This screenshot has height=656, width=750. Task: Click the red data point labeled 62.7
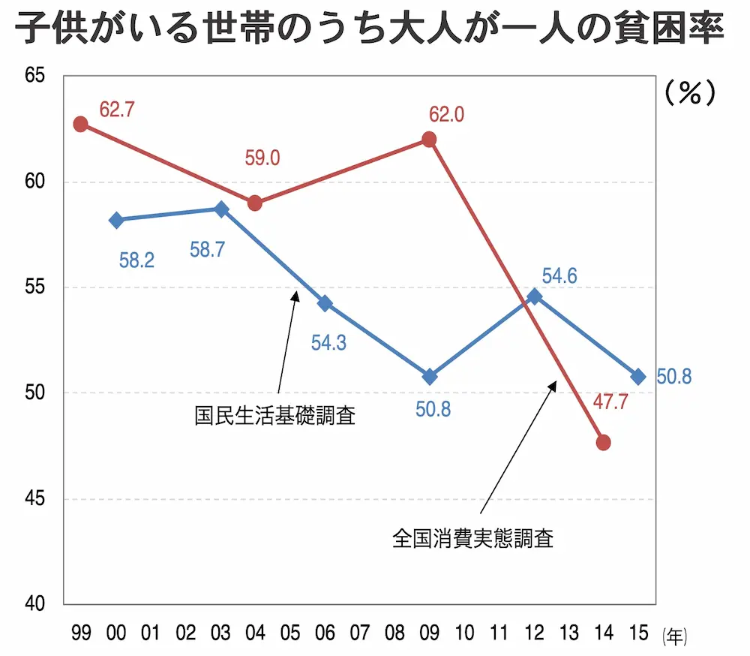point(80,124)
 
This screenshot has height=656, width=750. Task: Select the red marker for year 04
point(255,203)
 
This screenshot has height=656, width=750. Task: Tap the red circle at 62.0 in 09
point(429,140)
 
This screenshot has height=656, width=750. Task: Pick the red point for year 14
point(603,442)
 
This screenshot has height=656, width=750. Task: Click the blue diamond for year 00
point(116,220)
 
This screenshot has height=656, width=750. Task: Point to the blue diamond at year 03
point(221,209)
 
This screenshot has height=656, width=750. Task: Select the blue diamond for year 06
point(325,303)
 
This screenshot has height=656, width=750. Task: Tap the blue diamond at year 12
point(534,296)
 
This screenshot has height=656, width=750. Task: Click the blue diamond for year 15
point(638,376)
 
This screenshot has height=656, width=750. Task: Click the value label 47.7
point(610,402)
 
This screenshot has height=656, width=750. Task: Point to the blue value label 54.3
point(328,344)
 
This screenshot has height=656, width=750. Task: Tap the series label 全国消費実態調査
point(472,539)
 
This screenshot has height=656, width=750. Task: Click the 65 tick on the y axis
point(33,77)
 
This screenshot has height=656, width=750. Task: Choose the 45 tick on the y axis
point(33,499)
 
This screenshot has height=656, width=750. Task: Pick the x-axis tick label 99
point(81,633)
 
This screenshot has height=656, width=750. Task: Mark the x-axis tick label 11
point(499,633)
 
